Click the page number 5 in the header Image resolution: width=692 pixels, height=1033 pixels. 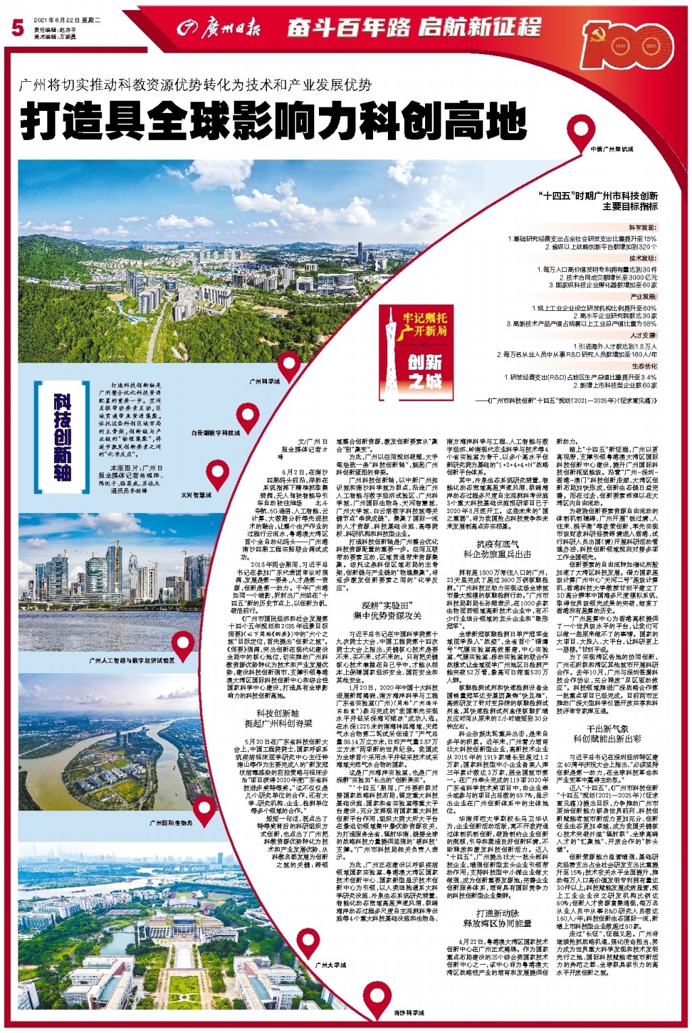(x=17, y=28)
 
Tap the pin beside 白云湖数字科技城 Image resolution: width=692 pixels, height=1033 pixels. (x=247, y=417)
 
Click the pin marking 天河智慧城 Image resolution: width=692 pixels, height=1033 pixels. (x=218, y=473)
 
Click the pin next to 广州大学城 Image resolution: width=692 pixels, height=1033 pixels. (x=308, y=940)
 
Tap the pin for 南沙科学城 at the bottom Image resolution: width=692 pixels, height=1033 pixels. (x=377, y=995)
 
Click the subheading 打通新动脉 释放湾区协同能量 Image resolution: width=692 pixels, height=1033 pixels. (x=497, y=917)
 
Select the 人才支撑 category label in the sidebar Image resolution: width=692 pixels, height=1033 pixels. (x=642, y=335)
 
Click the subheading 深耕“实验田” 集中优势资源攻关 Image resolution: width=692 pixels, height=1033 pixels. (x=391, y=610)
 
